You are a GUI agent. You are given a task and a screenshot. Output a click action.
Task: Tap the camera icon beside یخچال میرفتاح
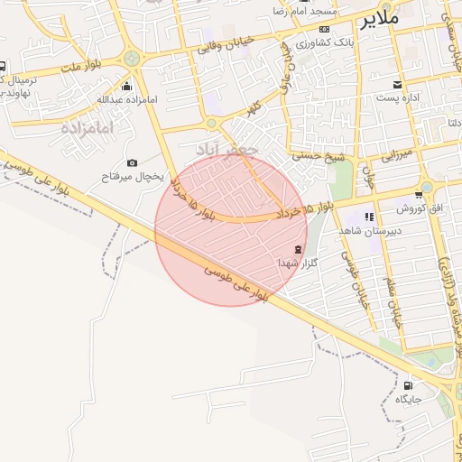(133, 162)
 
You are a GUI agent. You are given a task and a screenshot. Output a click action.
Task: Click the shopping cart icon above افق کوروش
(419, 195)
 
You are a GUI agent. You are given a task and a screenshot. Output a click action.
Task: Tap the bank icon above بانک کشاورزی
(326, 29)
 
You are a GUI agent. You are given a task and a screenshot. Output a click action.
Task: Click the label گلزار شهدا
(288, 262)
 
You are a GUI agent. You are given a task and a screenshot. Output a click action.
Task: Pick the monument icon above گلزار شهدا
(298, 248)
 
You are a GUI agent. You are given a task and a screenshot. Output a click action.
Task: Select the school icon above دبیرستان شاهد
(369, 216)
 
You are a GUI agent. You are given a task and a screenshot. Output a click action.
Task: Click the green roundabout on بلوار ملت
(133, 58)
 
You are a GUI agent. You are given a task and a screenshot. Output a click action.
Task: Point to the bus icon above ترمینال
(4, 66)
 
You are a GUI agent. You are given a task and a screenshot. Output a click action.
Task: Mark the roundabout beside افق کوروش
(427, 187)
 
